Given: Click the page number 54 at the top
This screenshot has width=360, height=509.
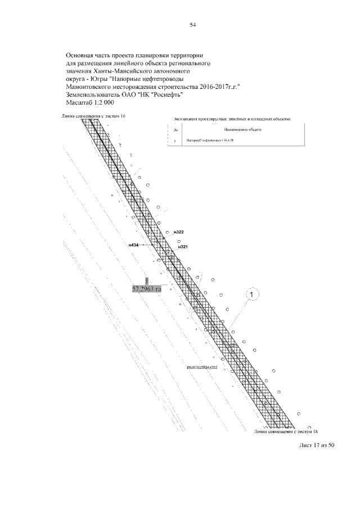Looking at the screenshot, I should click(x=192, y=25).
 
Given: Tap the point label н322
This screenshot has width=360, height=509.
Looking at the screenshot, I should click(x=179, y=232).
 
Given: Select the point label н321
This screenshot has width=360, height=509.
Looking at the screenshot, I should click(x=182, y=247).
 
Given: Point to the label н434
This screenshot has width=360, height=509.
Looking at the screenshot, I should click(x=134, y=245).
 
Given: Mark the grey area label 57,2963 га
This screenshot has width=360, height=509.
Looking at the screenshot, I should click(x=146, y=289).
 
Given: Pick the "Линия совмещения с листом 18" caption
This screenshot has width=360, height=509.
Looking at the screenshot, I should click(x=286, y=431).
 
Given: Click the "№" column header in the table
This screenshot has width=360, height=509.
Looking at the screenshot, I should click(x=176, y=131).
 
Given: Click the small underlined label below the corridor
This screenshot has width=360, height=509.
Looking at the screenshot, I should click(x=202, y=367).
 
